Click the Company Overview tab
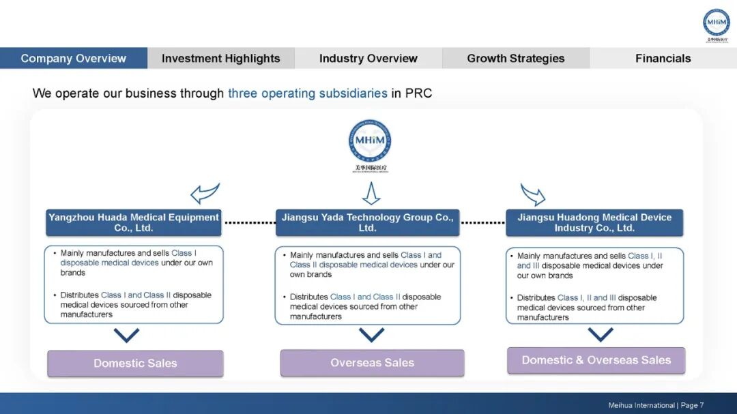pos(74,59)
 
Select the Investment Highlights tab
pos(220,59)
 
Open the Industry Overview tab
pos(369,59)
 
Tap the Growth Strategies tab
pos(516,59)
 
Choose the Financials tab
pos(663,59)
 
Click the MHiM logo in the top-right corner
pos(717,23)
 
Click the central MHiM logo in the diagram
pos(370,141)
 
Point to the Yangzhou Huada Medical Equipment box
pos(134,222)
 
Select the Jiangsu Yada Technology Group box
pos(367,222)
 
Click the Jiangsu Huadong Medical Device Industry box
pos(594,222)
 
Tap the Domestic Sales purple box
pos(135,364)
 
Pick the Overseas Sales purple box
pos(372,363)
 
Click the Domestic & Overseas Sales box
pos(596,360)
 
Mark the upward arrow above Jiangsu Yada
pos(371,193)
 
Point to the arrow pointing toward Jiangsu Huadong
pos(533,194)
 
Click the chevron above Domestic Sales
pos(127,336)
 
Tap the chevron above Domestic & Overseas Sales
pos(601,334)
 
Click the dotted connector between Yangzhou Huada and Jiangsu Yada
pos(249,222)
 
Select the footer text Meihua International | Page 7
pos(656,405)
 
